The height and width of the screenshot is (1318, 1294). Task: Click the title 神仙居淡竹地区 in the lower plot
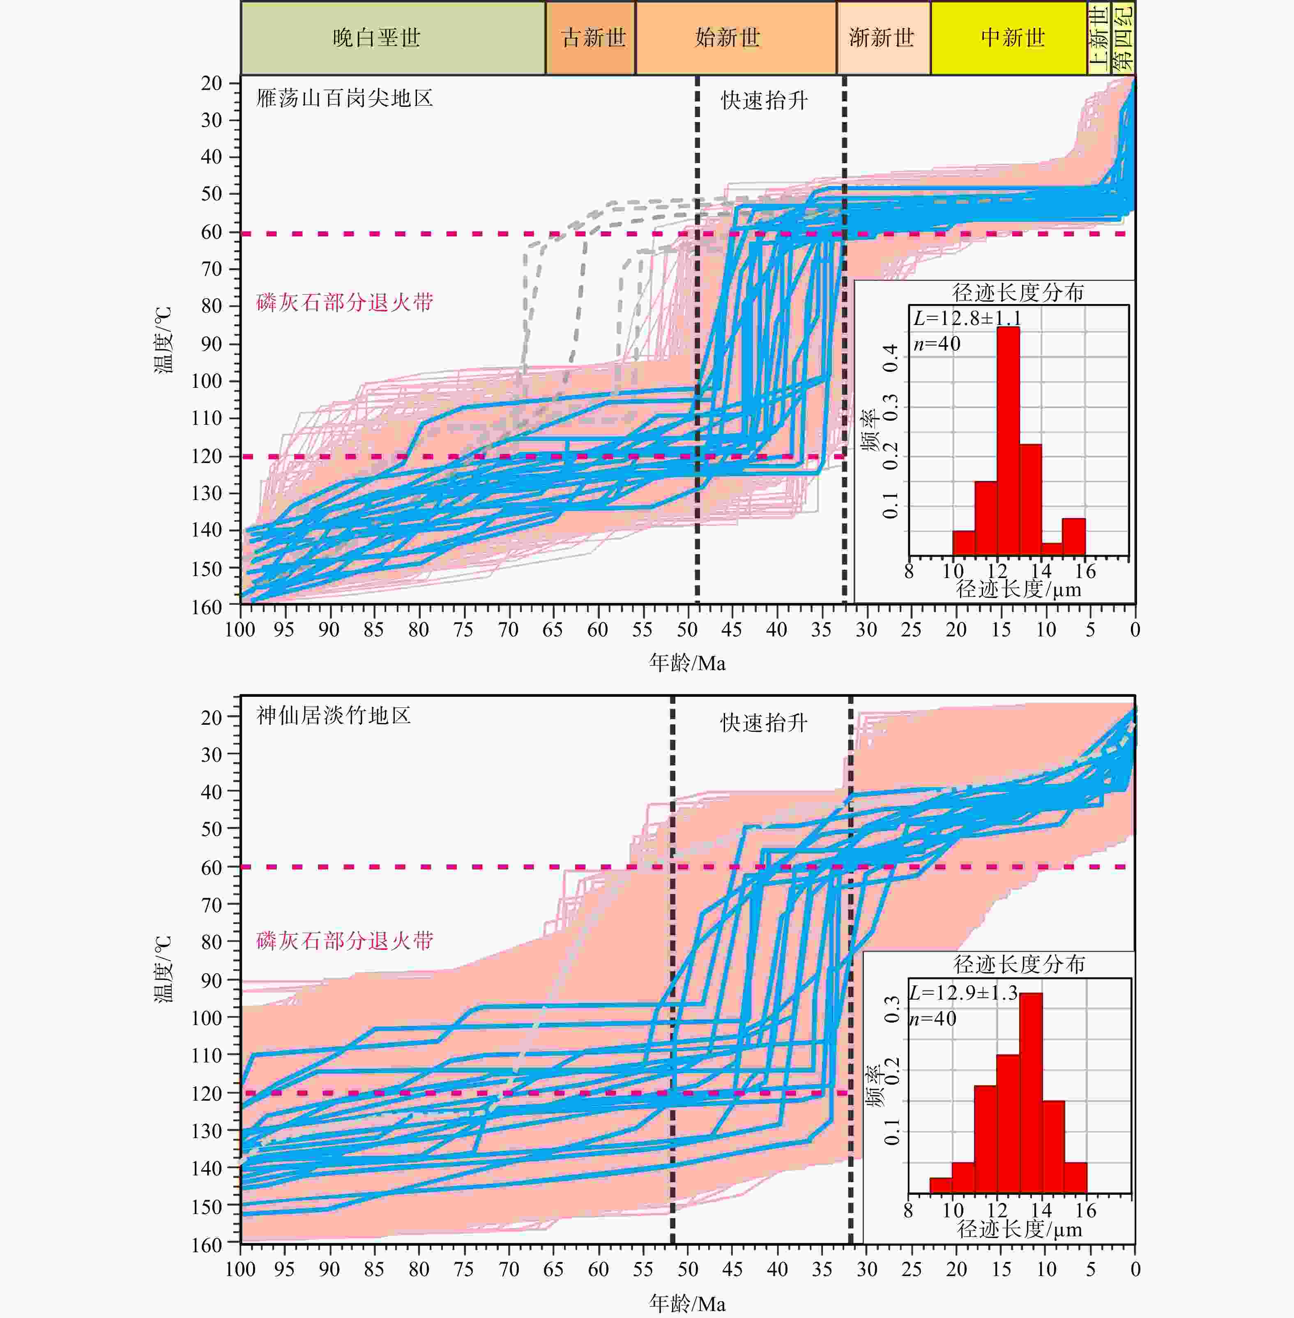click(333, 716)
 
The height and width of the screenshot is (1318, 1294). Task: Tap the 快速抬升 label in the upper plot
click(764, 101)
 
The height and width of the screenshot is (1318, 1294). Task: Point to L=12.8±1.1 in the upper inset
click(967, 318)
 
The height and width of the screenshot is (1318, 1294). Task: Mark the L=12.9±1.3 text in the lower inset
click(964, 993)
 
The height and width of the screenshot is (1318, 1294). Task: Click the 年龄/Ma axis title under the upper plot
click(687, 663)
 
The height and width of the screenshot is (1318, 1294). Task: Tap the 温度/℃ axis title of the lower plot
click(163, 969)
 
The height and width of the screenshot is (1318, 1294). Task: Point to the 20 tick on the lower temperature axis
click(212, 717)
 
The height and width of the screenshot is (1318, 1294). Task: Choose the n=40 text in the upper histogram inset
click(937, 344)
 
